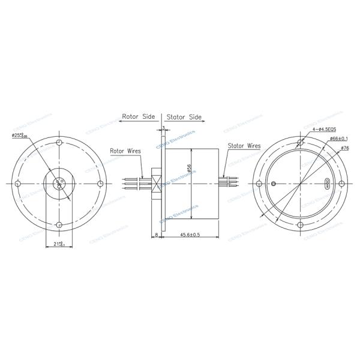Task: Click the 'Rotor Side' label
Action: coord(139,117)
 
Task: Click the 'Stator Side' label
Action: coord(184,117)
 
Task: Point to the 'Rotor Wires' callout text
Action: coord(125,151)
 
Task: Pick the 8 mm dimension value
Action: coord(157,235)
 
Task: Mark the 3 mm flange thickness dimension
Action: coord(163,128)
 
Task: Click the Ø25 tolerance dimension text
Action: coord(20,134)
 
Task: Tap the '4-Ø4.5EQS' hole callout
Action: coord(325,129)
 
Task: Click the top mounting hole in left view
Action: coord(59,143)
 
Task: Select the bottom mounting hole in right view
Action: coord(299,225)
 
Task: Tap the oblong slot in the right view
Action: coord(327,184)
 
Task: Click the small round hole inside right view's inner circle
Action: coord(274,184)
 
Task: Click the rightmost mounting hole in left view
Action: coord(100,184)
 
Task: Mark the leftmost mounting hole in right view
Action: coord(259,184)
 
